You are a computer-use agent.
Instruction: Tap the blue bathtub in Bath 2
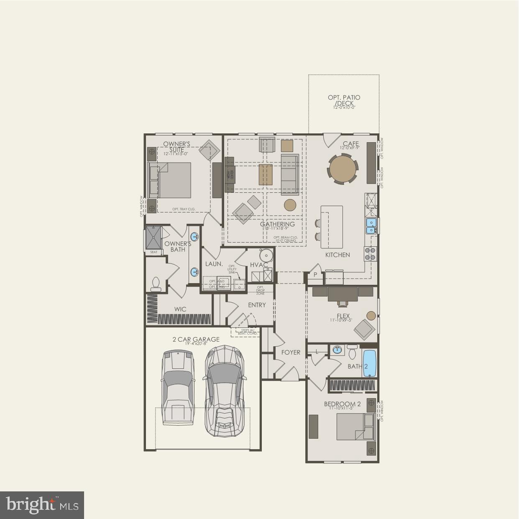coord(369,363)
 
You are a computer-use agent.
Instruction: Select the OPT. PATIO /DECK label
coord(344,101)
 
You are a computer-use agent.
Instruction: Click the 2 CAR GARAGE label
coord(196,339)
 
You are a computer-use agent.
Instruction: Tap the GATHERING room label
coord(277,224)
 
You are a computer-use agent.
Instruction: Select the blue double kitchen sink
coord(371,226)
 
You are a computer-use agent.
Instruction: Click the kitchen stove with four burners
coord(370,254)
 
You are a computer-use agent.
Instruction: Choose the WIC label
coord(180,309)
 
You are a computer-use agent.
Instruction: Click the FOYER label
coord(291,352)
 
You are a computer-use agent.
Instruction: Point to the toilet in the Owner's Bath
coord(156,284)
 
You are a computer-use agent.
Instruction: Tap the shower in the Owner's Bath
coord(153,238)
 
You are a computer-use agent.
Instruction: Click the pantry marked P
coord(315,275)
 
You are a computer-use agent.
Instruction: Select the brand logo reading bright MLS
coord(42,505)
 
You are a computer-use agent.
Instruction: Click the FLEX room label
coord(343,317)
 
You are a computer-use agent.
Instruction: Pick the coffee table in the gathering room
coord(266,175)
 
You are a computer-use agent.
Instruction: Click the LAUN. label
coord(213,264)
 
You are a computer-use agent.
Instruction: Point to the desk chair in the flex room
coord(343,301)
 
